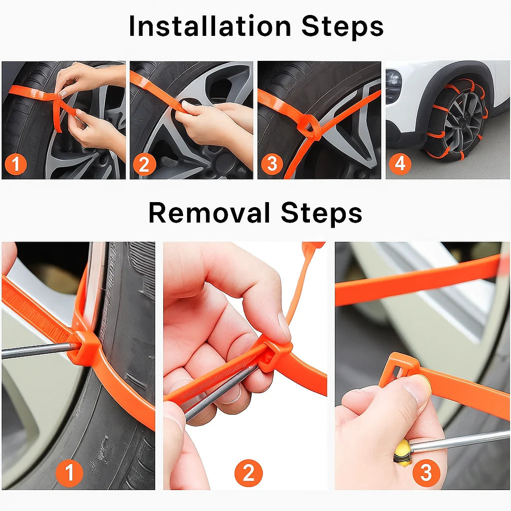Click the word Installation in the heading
tap(210, 26)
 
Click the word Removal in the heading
tap(209, 213)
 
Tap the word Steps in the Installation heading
tap(342, 26)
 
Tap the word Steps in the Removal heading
tap(321, 213)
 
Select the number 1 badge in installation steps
tap(16, 164)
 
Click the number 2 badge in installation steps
tap(144, 164)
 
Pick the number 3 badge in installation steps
tap(272, 164)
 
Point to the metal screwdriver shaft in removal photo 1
tap(35, 350)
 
